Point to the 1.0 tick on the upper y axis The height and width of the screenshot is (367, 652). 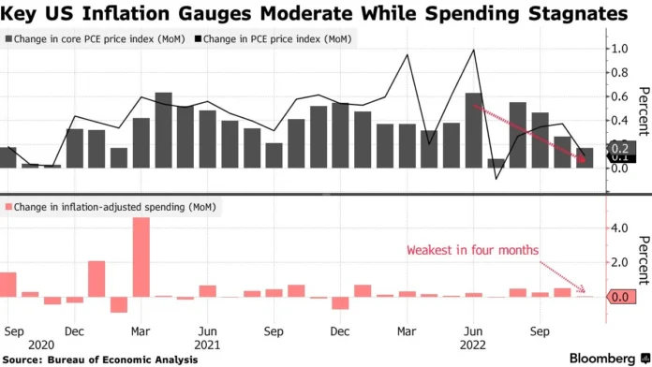coord(618,49)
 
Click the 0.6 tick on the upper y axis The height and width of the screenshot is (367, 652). coord(618,96)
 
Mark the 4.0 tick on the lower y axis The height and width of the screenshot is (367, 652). coord(618,228)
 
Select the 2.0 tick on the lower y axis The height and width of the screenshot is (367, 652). coord(618,262)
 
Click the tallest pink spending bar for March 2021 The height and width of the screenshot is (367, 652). coord(141,257)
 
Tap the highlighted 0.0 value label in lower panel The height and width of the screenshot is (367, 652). coord(619,297)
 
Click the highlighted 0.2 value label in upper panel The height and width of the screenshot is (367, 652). coord(619,148)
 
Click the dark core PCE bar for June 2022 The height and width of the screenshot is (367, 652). coord(474,131)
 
